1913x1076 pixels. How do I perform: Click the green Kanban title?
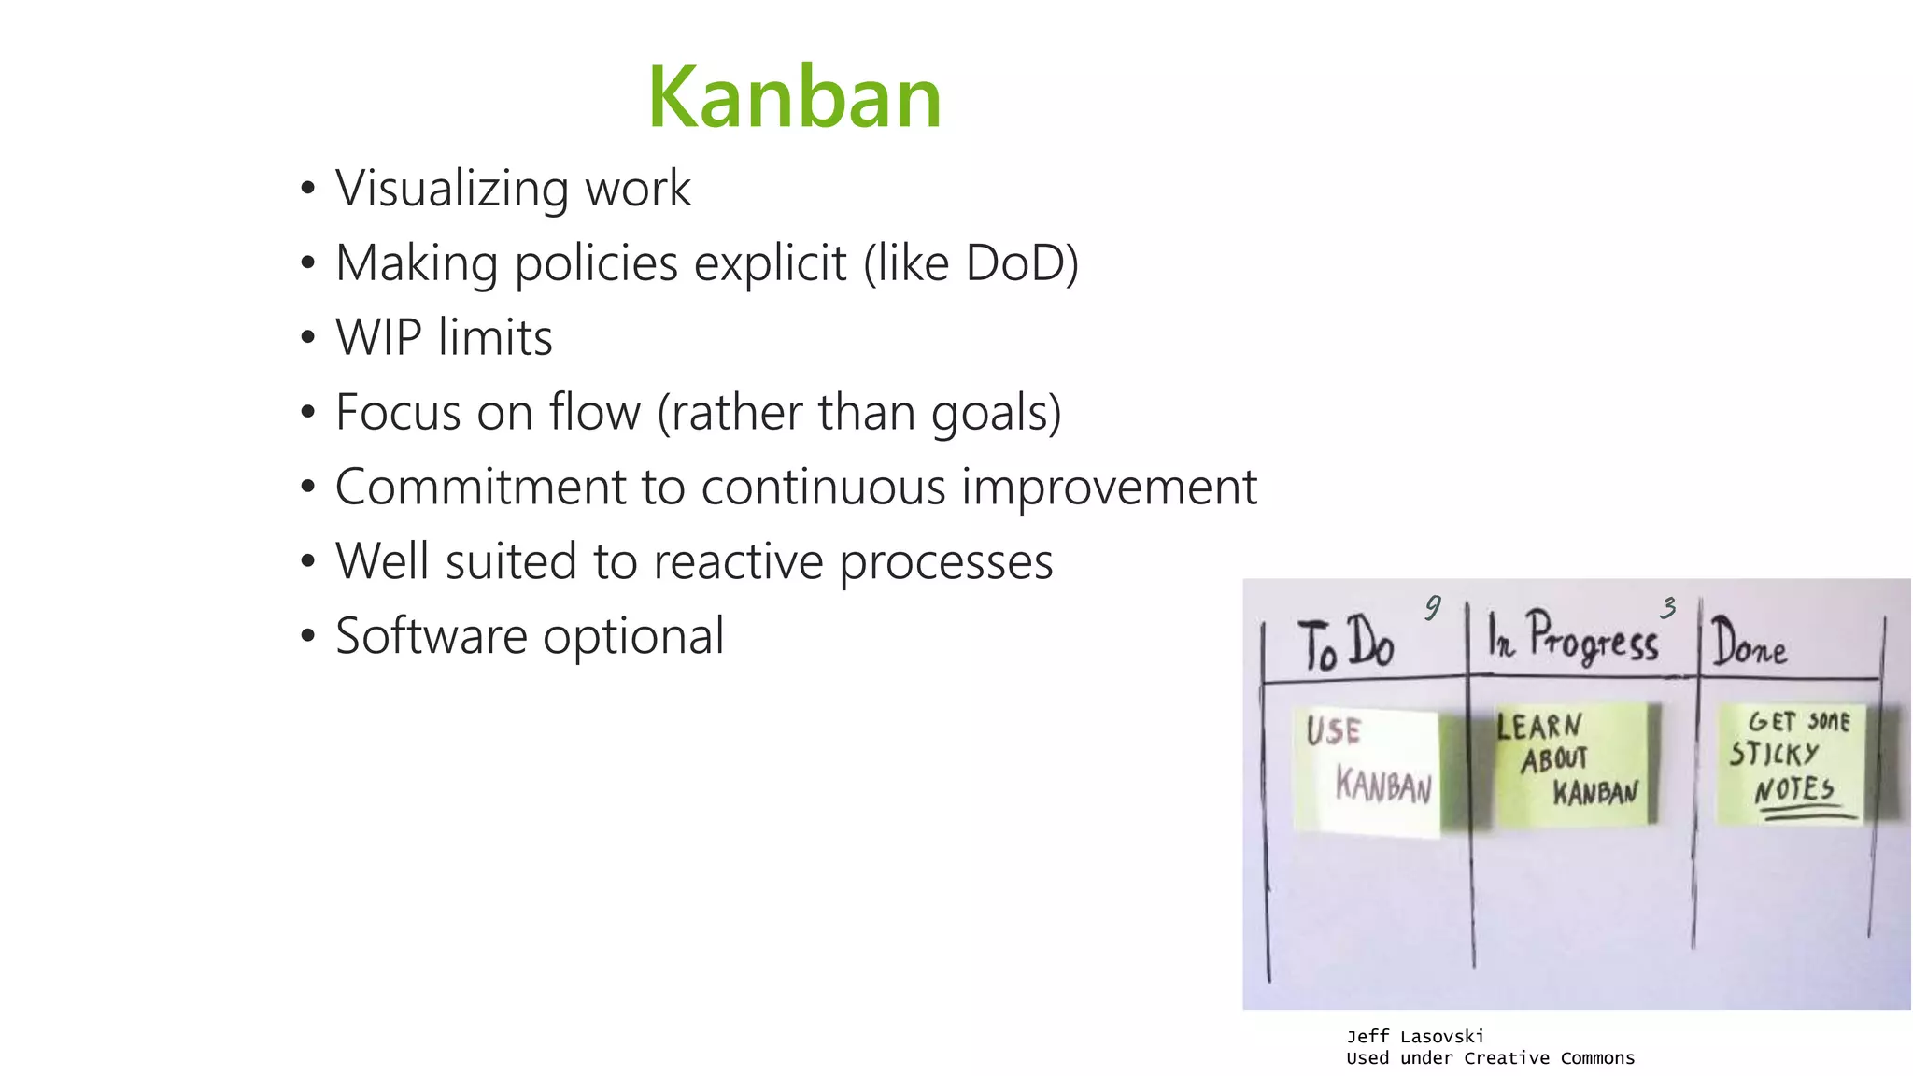click(795, 97)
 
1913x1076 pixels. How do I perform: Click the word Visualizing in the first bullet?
click(451, 189)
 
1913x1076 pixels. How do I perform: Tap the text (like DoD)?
click(971, 263)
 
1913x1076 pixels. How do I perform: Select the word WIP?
click(378, 338)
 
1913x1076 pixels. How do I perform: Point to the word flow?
click(595, 412)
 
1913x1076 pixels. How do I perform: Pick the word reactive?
click(738, 561)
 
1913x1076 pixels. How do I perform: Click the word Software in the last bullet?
click(431, 636)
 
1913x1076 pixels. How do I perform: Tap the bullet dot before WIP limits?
click(308, 338)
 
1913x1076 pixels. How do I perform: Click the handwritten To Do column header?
click(1346, 645)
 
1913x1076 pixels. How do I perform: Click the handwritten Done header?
click(1750, 644)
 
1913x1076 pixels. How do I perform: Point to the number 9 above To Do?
click(1433, 608)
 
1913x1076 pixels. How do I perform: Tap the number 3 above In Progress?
click(1668, 608)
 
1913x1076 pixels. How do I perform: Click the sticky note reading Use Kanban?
click(1367, 771)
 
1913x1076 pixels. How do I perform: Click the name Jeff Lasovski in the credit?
click(1415, 1036)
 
